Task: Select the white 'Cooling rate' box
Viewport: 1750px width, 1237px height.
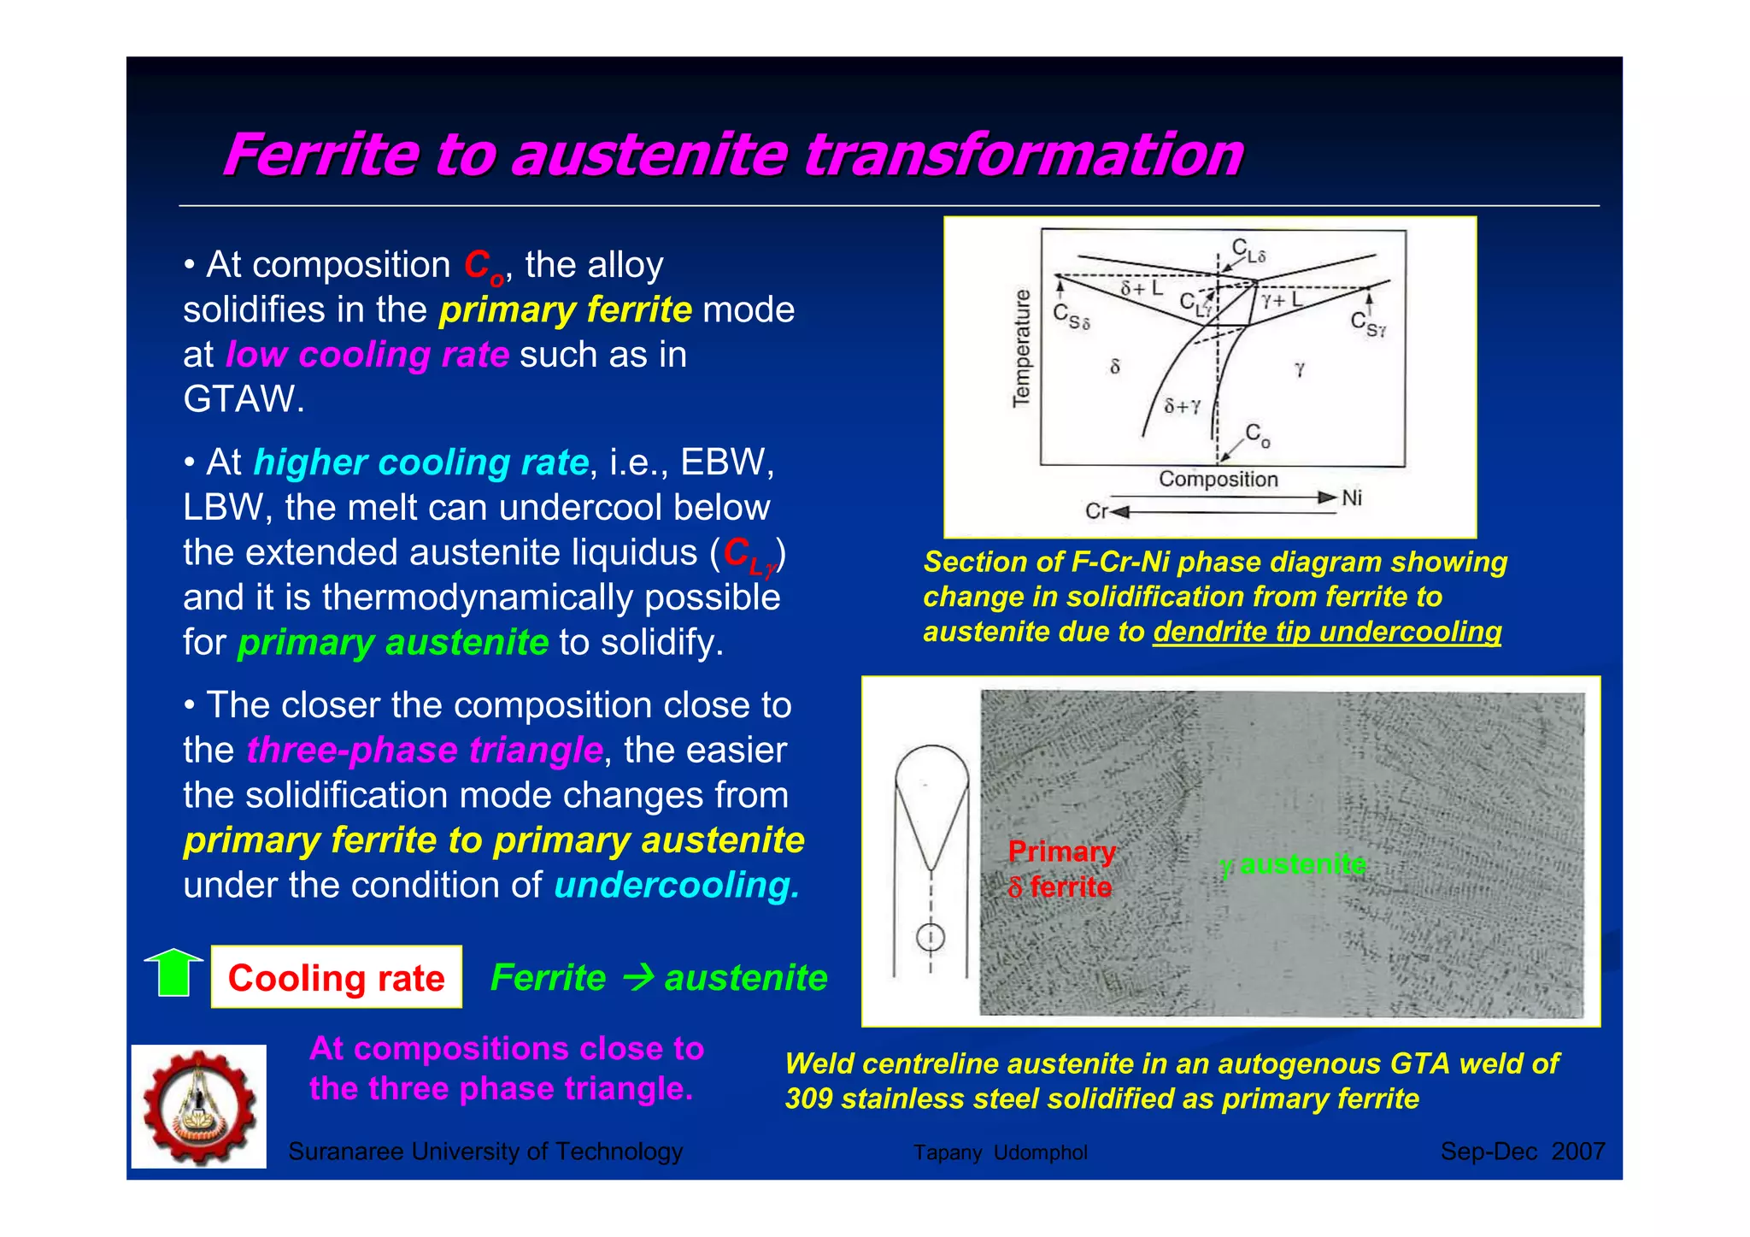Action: (336, 977)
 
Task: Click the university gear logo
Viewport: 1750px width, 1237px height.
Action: (199, 1106)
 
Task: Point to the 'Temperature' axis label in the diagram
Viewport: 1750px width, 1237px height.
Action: (1021, 348)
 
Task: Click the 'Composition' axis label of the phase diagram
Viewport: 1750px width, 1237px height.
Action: (1218, 480)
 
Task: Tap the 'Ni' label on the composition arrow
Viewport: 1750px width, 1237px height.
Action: (1351, 498)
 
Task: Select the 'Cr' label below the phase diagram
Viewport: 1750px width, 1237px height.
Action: (1095, 511)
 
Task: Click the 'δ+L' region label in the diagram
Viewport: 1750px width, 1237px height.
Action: (1142, 288)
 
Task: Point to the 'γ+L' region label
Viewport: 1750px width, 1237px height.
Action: (1281, 299)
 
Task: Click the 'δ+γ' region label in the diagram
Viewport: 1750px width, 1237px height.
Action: (1182, 406)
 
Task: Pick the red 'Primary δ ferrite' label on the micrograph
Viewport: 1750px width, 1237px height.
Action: (1060, 869)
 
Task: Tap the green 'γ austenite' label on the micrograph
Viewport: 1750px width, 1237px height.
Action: (1293, 865)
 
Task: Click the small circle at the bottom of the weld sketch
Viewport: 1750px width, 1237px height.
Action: (931, 938)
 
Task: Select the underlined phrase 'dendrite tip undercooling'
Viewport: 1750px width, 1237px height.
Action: (1326, 632)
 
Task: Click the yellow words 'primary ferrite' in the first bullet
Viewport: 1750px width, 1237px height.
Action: (565, 309)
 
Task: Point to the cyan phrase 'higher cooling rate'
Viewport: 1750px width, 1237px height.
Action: (421, 462)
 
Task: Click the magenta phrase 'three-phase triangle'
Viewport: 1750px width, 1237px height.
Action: (425, 750)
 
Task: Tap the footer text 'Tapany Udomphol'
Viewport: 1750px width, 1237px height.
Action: (1000, 1152)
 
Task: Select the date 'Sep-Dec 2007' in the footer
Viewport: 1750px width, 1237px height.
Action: (1522, 1152)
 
